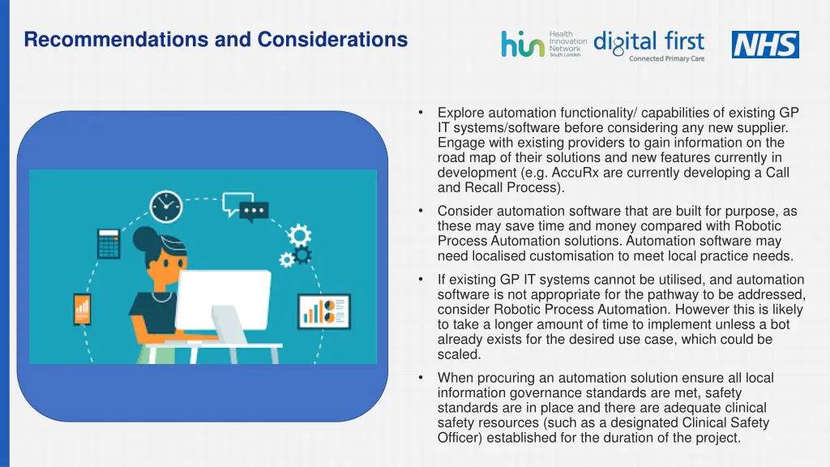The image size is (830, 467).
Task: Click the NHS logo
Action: (765, 45)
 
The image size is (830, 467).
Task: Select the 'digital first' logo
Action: (649, 45)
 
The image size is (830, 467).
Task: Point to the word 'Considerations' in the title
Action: (332, 39)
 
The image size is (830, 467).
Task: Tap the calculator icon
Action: (109, 242)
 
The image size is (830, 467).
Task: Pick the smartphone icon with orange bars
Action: (82, 309)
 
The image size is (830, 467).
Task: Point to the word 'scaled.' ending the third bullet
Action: (459, 354)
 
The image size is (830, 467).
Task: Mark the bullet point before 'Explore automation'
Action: (421, 113)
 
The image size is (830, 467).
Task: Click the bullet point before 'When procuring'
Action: (421, 378)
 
